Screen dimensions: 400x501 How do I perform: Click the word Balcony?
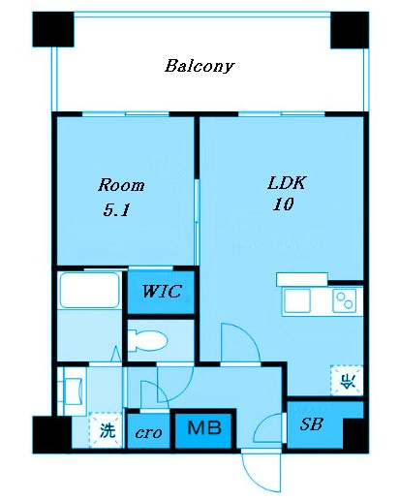(x=200, y=66)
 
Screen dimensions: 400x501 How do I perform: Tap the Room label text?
(x=121, y=185)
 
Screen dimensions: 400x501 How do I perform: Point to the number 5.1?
(x=116, y=210)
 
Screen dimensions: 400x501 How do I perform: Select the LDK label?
(x=287, y=183)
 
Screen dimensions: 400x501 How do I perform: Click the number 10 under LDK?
(x=283, y=204)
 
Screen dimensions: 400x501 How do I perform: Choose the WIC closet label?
(x=162, y=291)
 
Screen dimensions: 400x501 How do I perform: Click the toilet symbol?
(x=147, y=340)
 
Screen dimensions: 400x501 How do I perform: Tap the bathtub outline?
(x=90, y=290)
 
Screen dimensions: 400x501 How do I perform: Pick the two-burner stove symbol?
(x=344, y=300)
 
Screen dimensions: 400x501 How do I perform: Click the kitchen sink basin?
(x=297, y=300)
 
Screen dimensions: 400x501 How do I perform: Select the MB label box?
(x=204, y=428)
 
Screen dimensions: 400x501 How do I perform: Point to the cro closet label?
(x=148, y=432)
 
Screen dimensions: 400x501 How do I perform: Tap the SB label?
(x=311, y=424)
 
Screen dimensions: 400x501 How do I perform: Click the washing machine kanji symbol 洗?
(x=107, y=430)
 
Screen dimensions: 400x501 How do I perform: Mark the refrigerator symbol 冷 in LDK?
(x=347, y=381)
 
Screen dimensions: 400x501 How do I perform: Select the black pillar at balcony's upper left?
(x=53, y=29)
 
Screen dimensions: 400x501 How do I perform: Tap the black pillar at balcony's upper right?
(x=350, y=30)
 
